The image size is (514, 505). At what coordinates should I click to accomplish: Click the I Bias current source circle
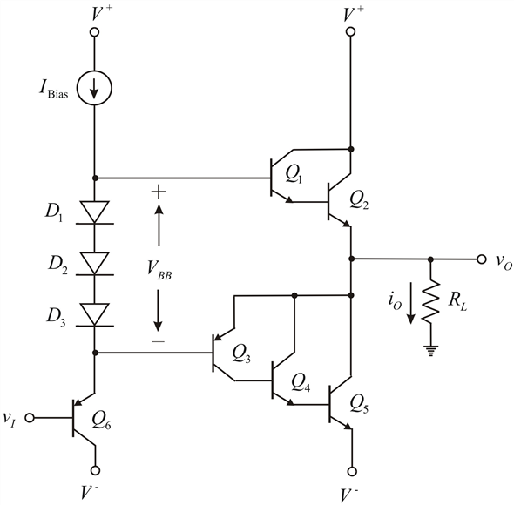[94, 88]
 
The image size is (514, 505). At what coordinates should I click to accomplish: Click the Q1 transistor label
[294, 174]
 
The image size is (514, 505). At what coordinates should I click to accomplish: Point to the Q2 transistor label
[359, 199]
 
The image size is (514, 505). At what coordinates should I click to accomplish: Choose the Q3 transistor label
[241, 353]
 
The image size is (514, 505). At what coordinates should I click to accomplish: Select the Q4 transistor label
[301, 382]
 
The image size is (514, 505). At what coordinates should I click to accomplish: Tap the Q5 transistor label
[359, 403]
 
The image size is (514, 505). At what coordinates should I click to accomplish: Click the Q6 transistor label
[101, 420]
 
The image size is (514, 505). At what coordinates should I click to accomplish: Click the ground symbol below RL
[430, 351]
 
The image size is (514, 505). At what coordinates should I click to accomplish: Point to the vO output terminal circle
[481, 259]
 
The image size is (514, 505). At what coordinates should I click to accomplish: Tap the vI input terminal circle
[30, 418]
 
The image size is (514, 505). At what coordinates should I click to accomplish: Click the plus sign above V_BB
[159, 192]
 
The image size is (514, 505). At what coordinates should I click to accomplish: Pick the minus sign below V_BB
[159, 342]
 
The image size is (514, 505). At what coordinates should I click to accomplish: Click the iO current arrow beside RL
[410, 304]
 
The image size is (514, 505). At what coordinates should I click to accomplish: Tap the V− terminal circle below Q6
[95, 470]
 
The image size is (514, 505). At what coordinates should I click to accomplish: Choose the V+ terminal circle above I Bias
[94, 32]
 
